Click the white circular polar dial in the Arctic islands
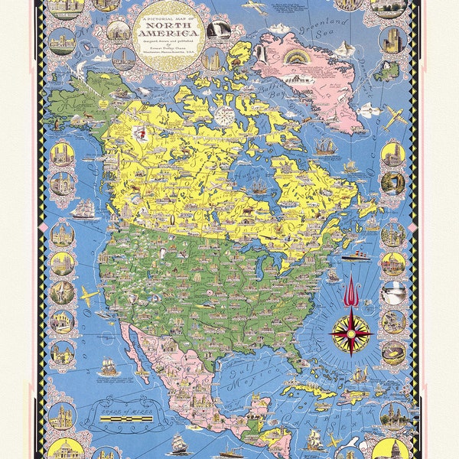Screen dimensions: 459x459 (224, 116)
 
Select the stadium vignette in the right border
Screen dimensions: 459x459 (393, 353)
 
